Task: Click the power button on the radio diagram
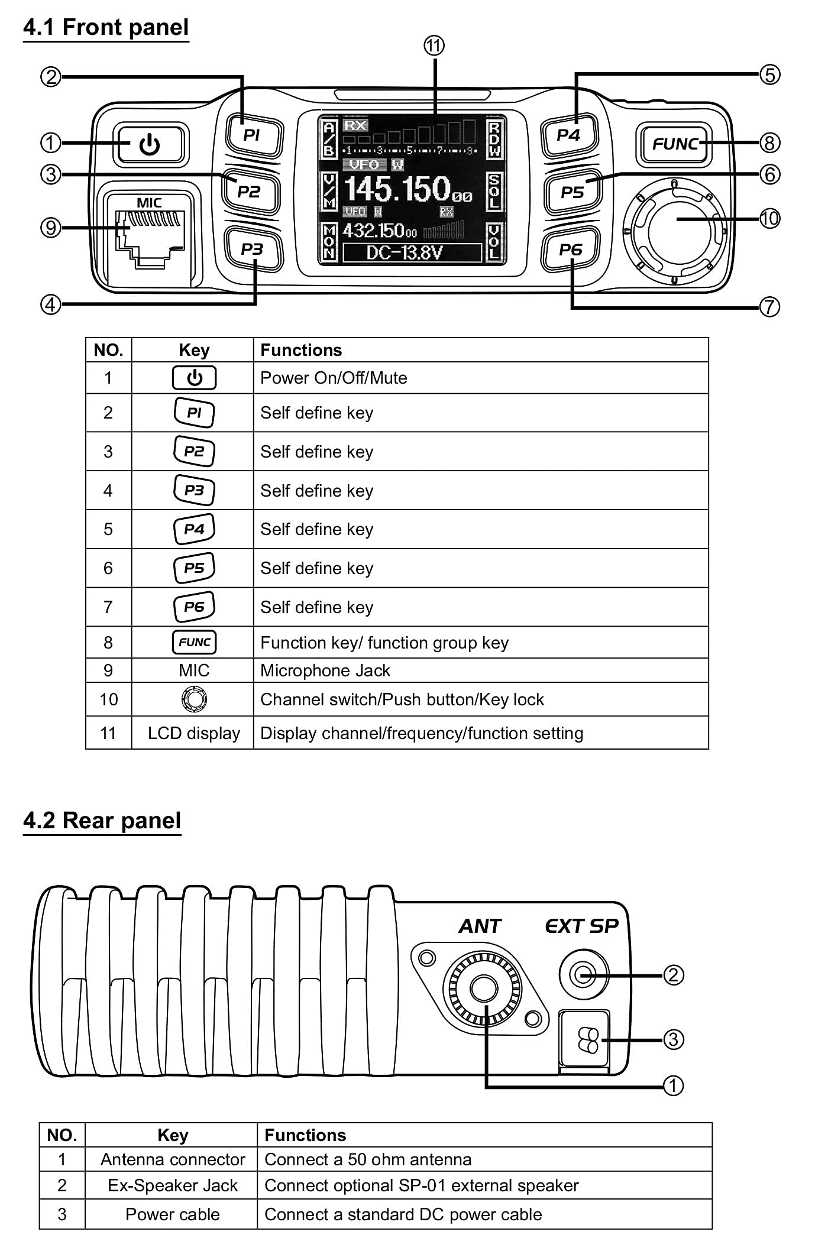pos(150,144)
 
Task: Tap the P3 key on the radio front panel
pos(253,249)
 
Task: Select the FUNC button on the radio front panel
pos(675,144)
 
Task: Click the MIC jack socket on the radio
pos(149,240)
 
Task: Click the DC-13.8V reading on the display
pos(405,253)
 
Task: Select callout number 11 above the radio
pos(434,46)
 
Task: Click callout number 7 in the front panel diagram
pos(769,307)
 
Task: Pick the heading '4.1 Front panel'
pos(106,27)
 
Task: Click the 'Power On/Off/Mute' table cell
pos(334,378)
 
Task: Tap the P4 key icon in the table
pos(194,529)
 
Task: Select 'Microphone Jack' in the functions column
pos(325,670)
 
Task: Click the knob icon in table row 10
pos(194,699)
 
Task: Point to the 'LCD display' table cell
pos(194,733)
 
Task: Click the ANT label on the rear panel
pos(480,926)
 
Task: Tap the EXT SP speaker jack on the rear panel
pos(584,974)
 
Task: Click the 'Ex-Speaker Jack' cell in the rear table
pos(173,1185)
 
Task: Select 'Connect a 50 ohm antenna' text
pos(368,1159)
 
